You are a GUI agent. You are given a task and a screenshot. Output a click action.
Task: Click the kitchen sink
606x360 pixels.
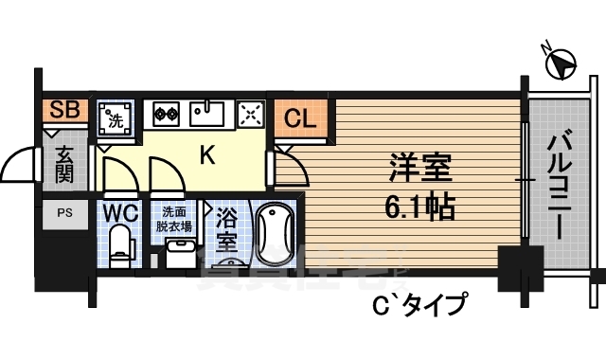pos(206,113)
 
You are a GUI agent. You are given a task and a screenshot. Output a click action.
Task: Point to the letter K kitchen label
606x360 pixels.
pos(207,155)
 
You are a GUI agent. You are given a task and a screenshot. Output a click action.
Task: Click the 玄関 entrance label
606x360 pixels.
pos(63,164)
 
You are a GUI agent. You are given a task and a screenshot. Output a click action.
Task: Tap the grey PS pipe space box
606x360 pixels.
pos(63,212)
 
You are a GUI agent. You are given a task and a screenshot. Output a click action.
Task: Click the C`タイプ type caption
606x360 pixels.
pos(425,305)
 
